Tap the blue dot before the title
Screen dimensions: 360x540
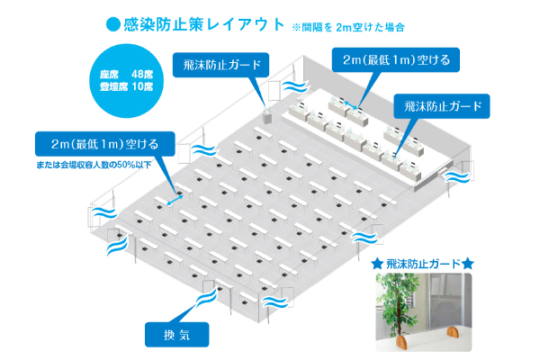[112, 25]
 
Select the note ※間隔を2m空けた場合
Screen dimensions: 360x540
[346, 27]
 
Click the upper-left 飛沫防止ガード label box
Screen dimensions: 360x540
[221, 65]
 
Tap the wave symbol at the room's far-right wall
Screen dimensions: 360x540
[457, 181]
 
